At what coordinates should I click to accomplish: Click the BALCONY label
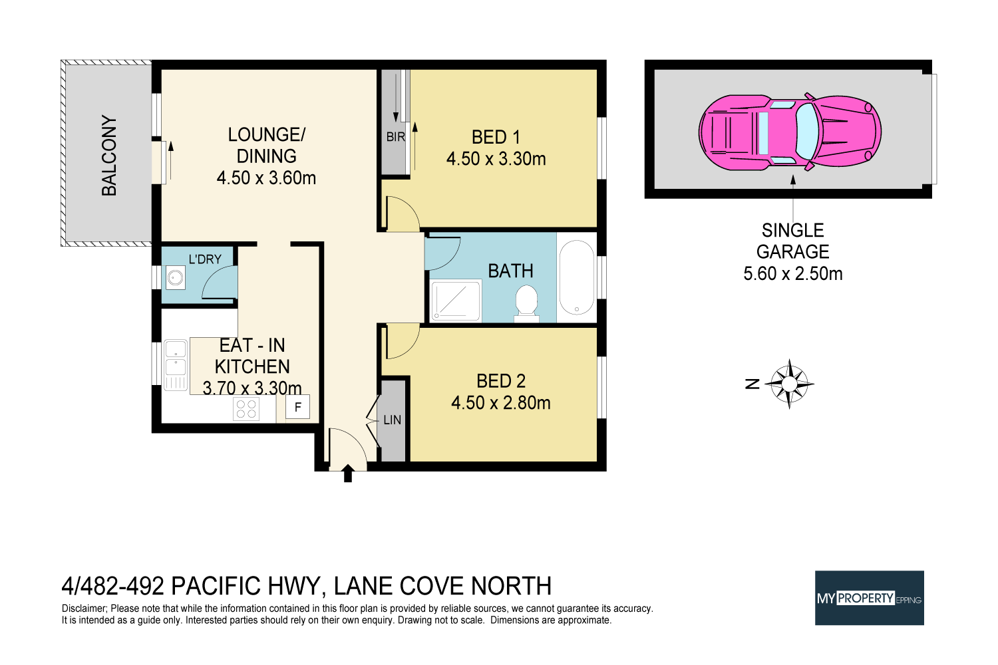[x=109, y=156]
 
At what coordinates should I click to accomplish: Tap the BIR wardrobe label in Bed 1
[x=395, y=137]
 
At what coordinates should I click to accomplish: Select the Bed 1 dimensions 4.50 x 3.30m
[x=496, y=160]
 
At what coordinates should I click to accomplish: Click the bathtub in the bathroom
[x=576, y=278]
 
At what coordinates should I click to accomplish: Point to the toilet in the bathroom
[x=526, y=303]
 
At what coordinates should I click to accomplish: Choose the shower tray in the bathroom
[x=456, y=301]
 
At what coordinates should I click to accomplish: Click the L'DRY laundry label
[x=205, y=259]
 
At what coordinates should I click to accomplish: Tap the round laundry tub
[x=176, y=277]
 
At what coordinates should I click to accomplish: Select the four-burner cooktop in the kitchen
[x=246, y=409]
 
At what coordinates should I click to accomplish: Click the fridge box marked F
[x=297, y=407]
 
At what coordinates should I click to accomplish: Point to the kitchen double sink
[x=176, y=364]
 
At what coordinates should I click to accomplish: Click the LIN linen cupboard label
[x=393, y=420]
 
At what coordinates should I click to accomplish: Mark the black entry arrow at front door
[x=347, y=473]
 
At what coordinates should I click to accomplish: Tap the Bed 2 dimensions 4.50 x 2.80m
[x=501, y=403]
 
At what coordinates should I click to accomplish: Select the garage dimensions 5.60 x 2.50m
[x=792, y=274]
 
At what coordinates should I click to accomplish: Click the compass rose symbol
[x=789, y=384]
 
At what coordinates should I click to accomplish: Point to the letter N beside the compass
[x=752, y=384]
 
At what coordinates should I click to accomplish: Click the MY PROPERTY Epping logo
[x=869, y=598]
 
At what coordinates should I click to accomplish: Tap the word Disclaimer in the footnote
[x=84, y=608]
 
